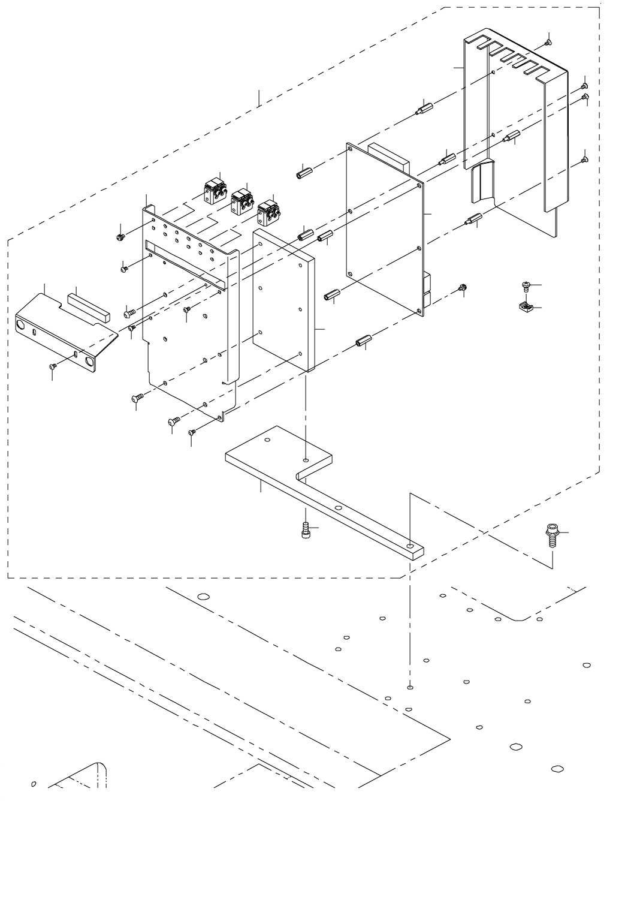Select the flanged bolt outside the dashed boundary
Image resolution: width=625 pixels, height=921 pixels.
point(551,534)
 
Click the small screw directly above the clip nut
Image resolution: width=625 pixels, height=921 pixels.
point(526,285)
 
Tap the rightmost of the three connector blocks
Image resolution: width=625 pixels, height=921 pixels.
point(267,213)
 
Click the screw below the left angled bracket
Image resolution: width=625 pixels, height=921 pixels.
point(53,365)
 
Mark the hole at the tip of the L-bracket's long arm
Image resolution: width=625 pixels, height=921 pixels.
point(409,547)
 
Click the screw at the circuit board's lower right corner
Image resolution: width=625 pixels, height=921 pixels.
point(462,288)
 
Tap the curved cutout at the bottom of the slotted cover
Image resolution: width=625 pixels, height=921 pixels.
point(482,183)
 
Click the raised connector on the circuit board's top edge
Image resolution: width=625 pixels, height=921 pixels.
point(388,156)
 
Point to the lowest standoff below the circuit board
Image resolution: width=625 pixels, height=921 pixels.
point(362,344)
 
